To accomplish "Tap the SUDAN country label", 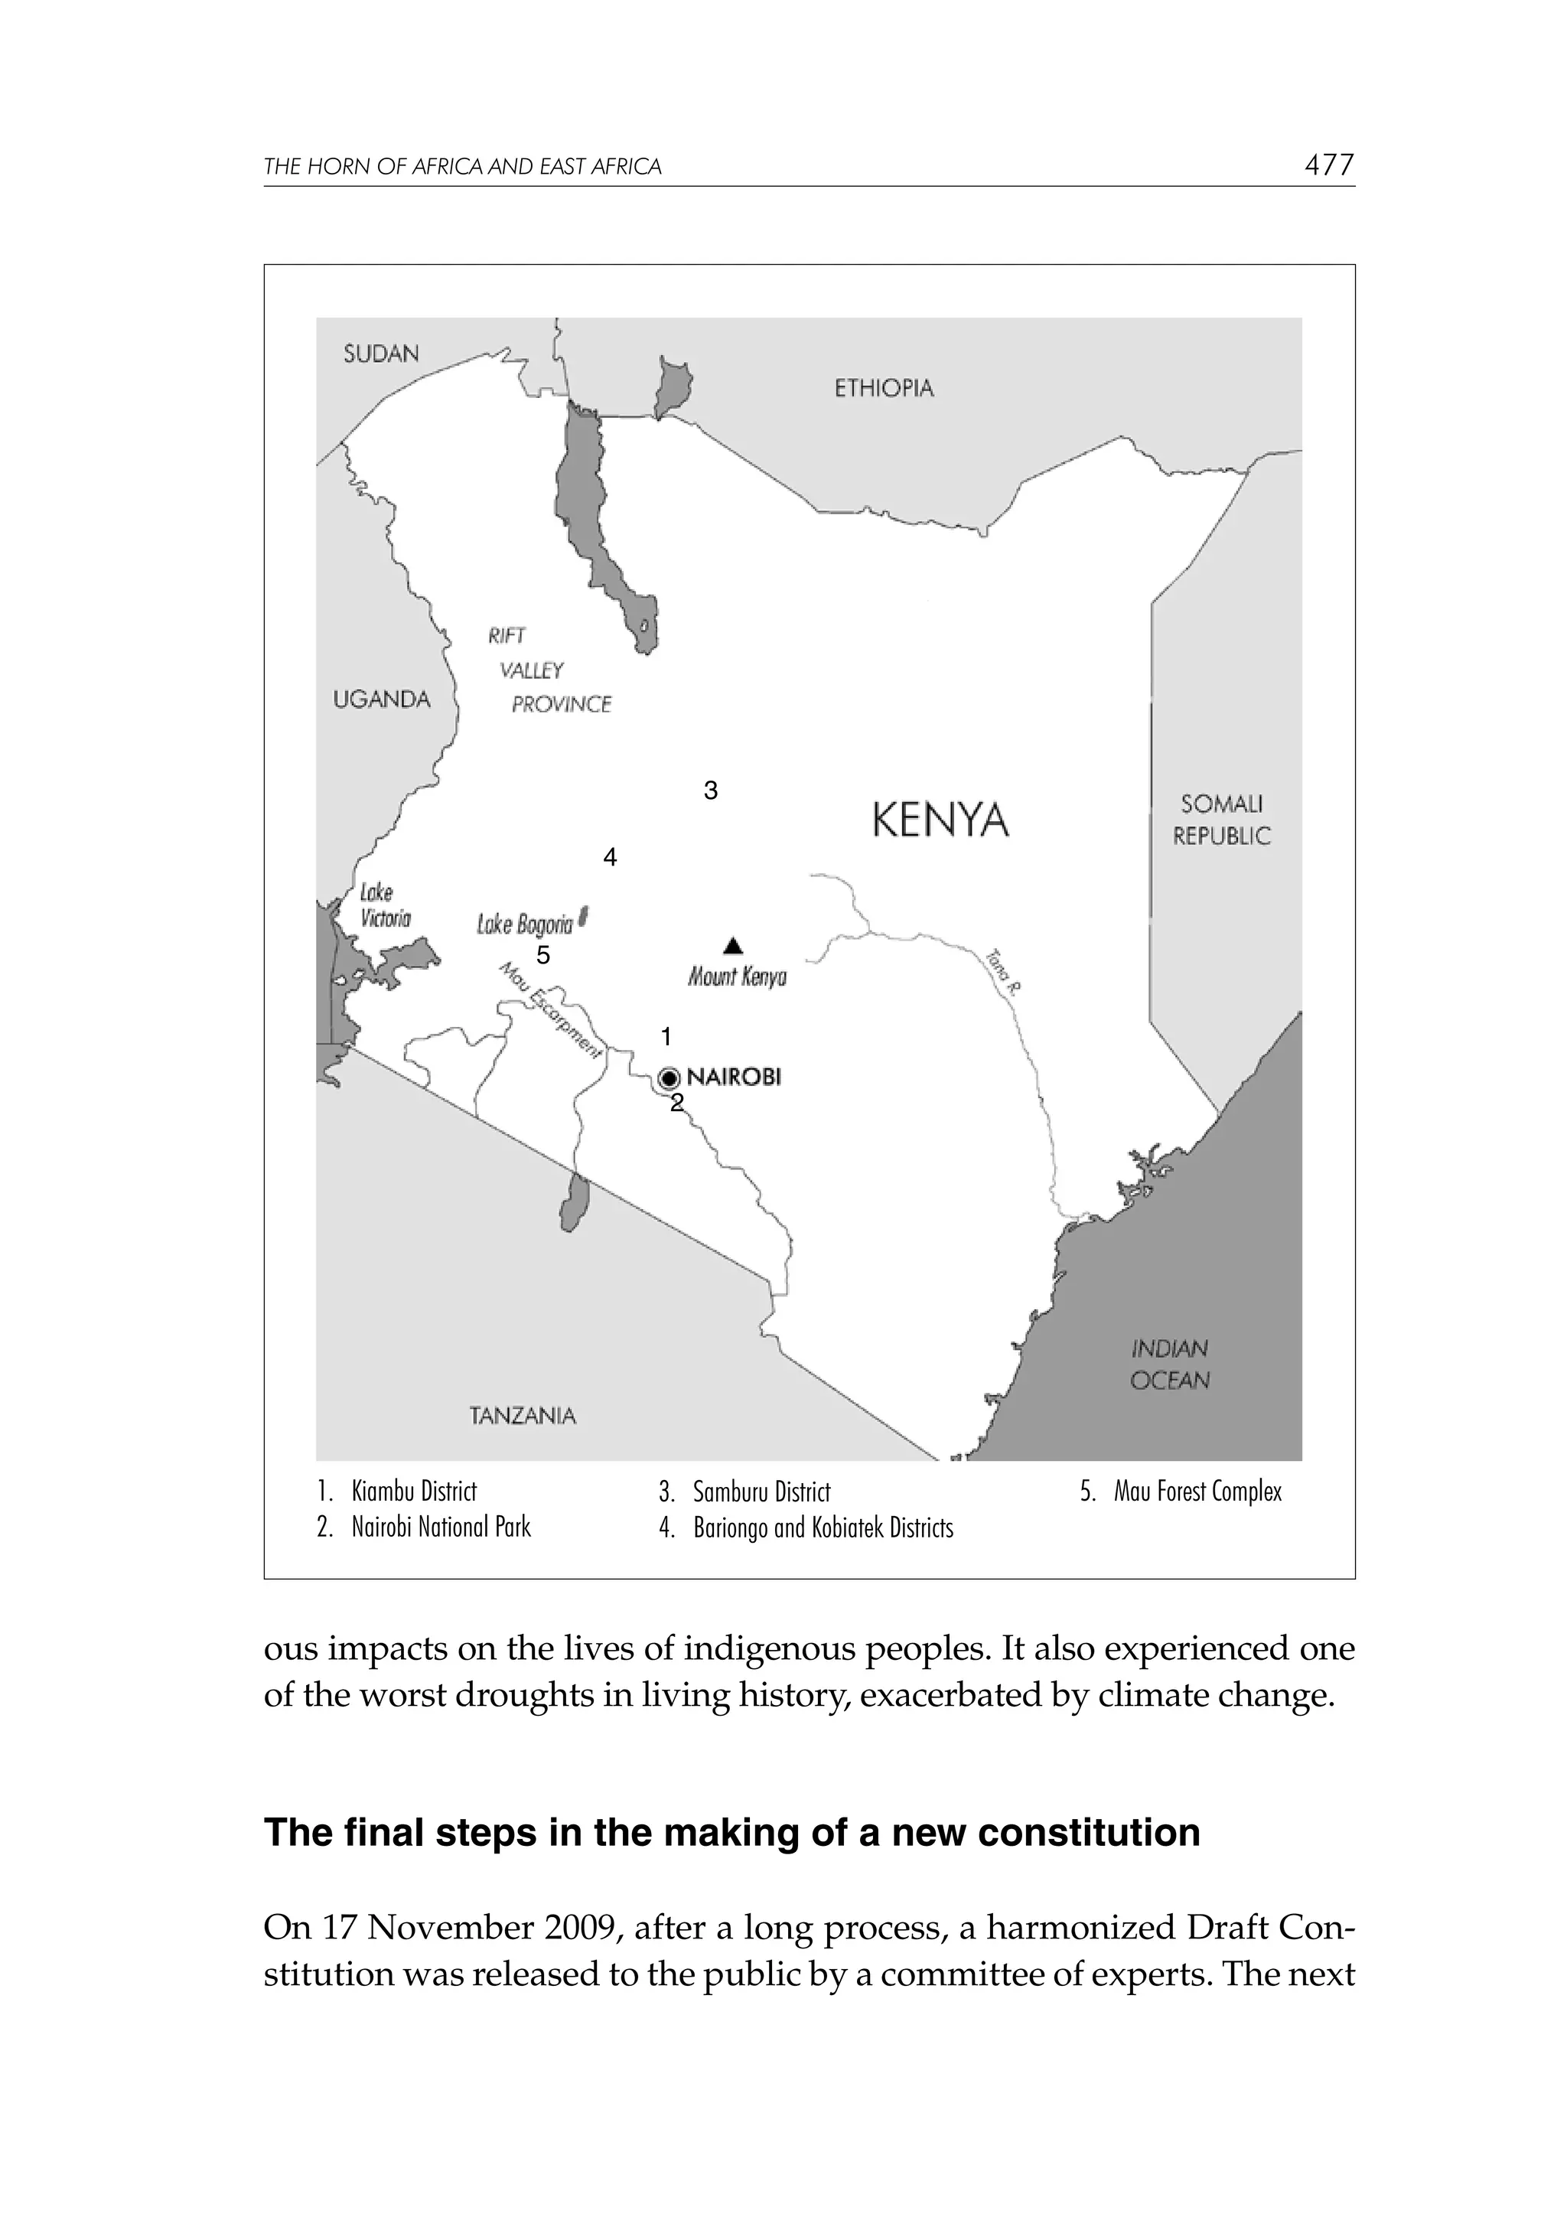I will point(381,354).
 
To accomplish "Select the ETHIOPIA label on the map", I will point(884,388).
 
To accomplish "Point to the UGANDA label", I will point(381,699).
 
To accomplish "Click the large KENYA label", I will point(940,820).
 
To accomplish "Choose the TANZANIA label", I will point(523,1416).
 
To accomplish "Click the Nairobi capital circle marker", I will point(669,1078).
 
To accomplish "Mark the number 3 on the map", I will point(711,791).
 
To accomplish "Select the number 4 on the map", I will point(609,857).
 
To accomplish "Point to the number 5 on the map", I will point(542,955).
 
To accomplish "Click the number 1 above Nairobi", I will point(665,1037).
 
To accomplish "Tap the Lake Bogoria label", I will point(524,925).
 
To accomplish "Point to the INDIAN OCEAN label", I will point(1169,1364).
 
